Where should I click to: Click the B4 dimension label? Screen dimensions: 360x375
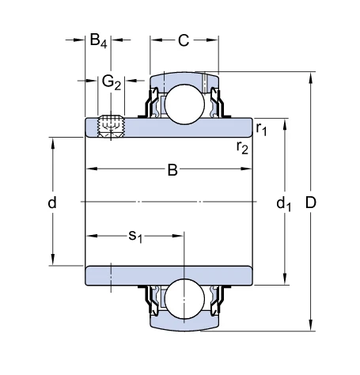click(x=98, y=41)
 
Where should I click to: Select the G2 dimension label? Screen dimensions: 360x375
click(x=111, y=82)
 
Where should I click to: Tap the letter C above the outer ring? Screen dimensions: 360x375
click(x=184, y=40)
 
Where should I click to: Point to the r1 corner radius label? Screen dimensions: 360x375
click(x=261, y=129)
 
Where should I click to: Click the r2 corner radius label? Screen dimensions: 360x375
click(x=242, y=147)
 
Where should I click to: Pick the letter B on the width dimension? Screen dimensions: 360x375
click(x=172, y=170)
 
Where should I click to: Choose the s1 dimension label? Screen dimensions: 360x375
click(x=135, y=236)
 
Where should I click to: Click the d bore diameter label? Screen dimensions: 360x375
click(x=52, y=203)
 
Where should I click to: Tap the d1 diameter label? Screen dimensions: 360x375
click(x=284, y=204)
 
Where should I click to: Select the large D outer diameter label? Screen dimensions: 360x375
click(x=311, y=203)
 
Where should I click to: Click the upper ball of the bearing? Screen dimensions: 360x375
click(x=184, y=104)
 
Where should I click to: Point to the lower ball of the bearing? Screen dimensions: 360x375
click(x=184, y=299)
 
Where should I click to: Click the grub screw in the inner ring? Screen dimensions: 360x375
click(x=111, y=127)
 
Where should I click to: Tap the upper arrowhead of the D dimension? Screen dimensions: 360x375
click(x=311, y=78)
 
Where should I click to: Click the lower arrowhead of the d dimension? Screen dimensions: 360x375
click(x=53, y=259)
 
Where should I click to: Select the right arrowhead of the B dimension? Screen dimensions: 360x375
click(x=246, y=169)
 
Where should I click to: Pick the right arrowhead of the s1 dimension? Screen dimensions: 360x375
click(x=178, y=236)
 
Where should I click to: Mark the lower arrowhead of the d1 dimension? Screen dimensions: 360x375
click(x=285, y=279)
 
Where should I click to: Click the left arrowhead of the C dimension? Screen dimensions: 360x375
click(x=156, y=40)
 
